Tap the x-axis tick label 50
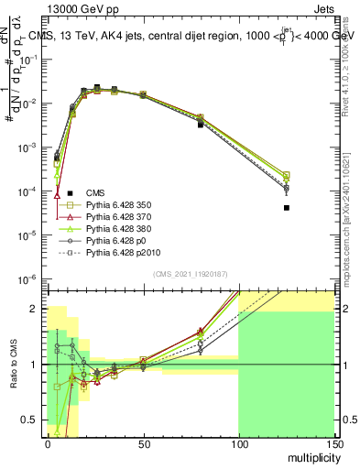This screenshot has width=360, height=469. click(143, 442)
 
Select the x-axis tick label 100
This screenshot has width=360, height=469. click(238, 442)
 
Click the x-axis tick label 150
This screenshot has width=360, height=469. click(333, 442)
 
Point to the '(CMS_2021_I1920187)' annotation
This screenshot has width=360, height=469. click(191, 274)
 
